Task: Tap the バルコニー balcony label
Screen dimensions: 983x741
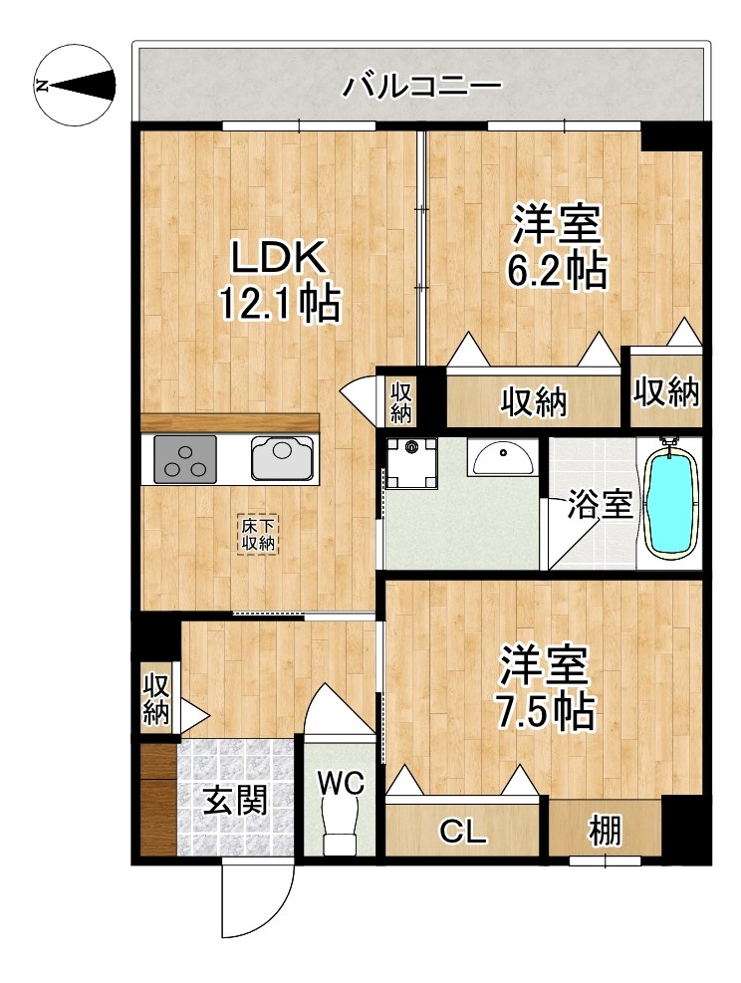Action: point(422,87)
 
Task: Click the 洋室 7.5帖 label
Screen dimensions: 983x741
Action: point(545,686)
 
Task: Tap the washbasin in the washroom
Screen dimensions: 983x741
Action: point(504,458)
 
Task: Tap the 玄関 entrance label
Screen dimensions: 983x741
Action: point(236,801)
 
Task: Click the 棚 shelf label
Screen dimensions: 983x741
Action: point(604,830)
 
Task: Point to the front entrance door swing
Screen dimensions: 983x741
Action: point(257,901)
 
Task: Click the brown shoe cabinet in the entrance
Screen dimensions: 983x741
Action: point(157,802)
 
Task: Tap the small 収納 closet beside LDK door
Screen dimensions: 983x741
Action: point(400,399)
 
